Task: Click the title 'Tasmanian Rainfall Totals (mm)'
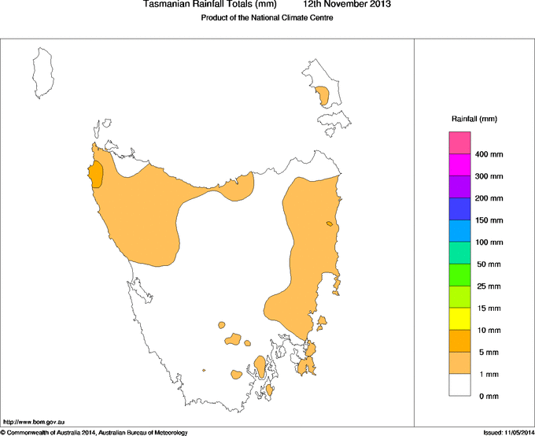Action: [210, 5]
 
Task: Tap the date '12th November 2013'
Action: [347, 5]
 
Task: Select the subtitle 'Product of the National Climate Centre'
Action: [267, 18]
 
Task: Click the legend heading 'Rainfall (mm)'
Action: [474, 119]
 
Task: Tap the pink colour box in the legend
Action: [459, 143]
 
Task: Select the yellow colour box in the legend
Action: [459, 319]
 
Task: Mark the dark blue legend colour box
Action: [459, 209]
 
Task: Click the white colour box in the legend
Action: [459, 385]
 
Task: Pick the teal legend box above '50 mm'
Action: [459, 253]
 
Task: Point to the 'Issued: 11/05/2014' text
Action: [508, 432]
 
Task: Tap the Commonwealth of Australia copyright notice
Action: [94, 432]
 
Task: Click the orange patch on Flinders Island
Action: [323, 96]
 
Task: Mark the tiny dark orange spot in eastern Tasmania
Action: [330, 225]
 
